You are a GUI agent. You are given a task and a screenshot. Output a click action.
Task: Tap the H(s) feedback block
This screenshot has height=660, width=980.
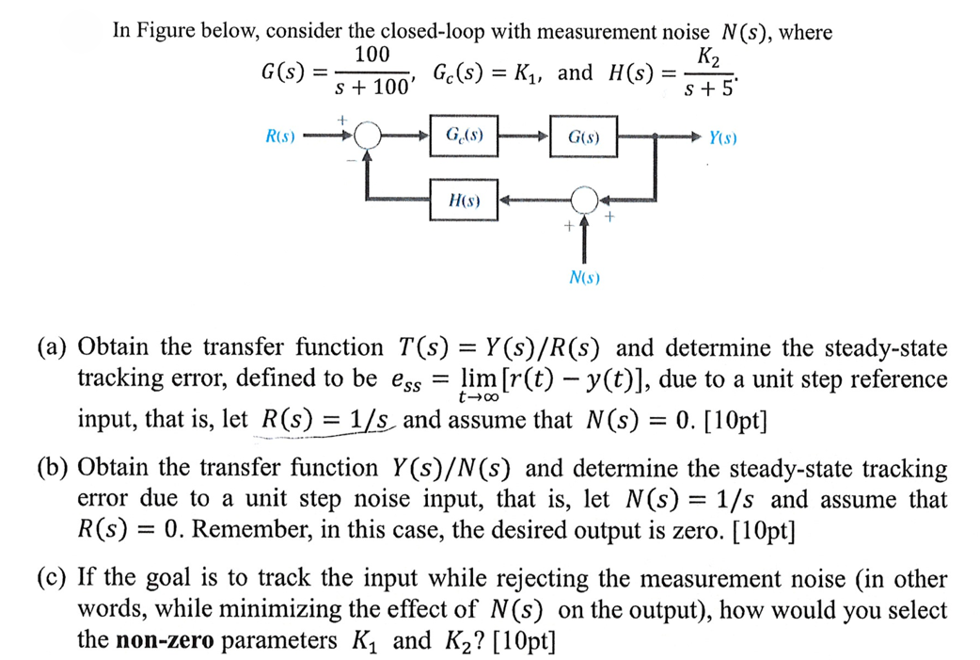[x=465, y=201]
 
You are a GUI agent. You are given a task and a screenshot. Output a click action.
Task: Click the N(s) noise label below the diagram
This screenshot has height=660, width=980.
[x=585, y=278]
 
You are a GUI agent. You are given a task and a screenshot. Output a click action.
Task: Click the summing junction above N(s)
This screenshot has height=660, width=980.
[x=585, y=201]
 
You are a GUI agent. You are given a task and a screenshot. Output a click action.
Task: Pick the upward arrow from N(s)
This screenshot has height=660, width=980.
[x=585, y=240]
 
